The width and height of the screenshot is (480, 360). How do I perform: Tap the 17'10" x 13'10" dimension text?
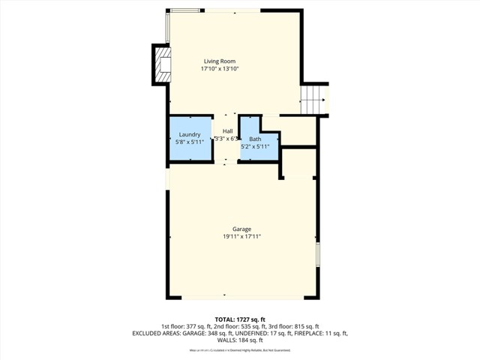(220, 68)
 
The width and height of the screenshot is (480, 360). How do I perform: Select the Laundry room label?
(189, 134)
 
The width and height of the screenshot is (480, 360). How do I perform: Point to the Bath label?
(255, 139)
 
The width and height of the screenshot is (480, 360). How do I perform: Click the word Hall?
(226, 131)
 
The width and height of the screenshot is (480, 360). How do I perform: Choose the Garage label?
(241, 229)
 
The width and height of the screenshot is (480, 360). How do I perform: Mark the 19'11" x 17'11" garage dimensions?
(241, 236)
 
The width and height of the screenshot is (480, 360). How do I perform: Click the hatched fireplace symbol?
(162, 64)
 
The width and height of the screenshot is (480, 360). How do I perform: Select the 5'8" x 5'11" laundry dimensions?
(189, 142)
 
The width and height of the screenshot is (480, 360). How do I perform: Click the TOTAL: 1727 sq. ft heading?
(240, 319)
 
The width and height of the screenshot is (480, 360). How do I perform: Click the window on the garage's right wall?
(318, 254)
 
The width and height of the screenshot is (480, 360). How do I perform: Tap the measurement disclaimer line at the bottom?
(240, 349)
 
